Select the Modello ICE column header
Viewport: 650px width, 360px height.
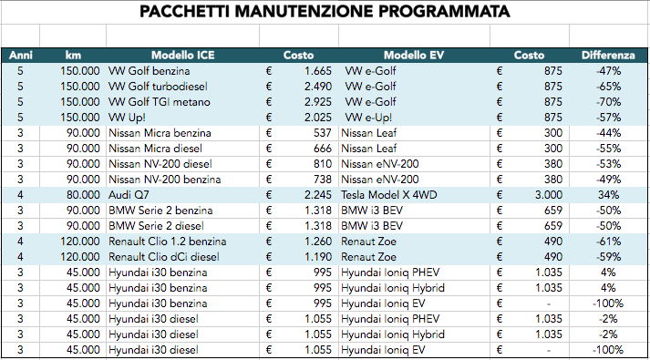tap(182, 55)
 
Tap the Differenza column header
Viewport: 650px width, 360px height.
tap(608, 55)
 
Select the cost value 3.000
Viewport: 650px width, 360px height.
tap(544, 194)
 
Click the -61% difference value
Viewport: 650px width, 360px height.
tap(606, 241)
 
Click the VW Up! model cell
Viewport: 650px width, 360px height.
tap(129, 117)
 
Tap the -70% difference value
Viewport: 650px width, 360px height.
tap(606, 101)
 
